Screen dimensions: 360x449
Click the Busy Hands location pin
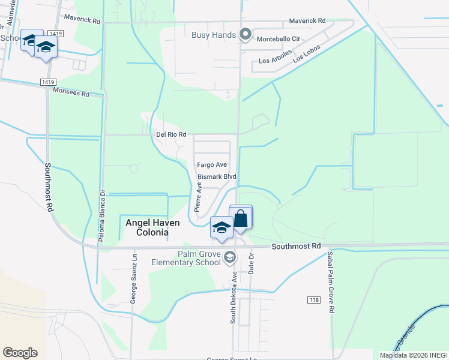click(x=245, y=35)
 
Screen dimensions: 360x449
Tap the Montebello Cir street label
click(x=278, y=38)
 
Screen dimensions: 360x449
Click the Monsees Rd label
click(x=71, y=93)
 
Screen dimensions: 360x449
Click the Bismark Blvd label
click(x=217, y=177)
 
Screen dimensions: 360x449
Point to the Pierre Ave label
click(x=197, y=198)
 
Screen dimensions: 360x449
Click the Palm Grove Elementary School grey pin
click(x=229, y=257)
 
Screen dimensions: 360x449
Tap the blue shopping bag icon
click(x=241, y=218)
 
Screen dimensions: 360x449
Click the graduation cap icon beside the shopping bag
click(x=221, y=228)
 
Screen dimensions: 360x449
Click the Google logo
click(x=20, y=353)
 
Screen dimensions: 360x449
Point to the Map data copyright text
click(x=414, y=355)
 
